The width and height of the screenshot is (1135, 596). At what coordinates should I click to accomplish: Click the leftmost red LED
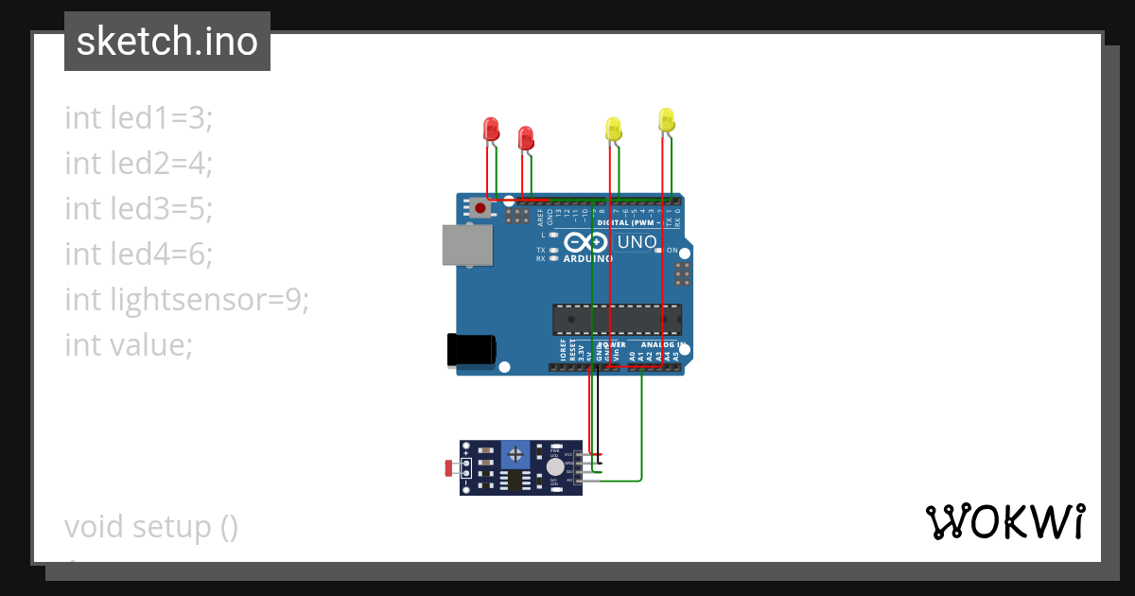(491, 129)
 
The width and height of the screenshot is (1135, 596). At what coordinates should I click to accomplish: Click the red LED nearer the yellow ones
(526, 138)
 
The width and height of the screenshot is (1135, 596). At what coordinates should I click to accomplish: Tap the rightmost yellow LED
(666, 119)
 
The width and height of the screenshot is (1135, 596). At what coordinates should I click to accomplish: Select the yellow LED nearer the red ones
(613, 130)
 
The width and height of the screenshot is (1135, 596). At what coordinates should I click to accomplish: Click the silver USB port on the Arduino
(467, 245)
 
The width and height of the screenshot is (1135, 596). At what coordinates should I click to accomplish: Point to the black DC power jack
(472, 349)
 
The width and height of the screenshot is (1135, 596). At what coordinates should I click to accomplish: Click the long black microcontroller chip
(618, 320)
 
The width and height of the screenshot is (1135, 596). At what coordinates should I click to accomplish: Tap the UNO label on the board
(637, 242)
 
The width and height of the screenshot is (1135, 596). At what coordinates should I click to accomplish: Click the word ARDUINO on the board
(585, 258)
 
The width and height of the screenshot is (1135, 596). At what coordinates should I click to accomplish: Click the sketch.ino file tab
(167, 42)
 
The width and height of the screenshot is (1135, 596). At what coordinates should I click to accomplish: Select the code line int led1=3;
(139, 118)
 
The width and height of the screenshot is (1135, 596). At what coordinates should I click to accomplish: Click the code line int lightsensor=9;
(187, 300)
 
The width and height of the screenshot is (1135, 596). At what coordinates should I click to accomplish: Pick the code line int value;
(129, 345)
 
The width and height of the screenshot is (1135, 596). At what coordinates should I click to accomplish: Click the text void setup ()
(151, 526)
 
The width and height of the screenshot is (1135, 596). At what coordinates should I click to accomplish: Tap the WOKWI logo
(1004, 521)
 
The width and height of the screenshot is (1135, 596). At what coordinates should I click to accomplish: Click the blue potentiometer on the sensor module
(515, 454)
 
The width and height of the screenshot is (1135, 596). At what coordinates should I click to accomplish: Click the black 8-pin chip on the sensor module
(515, 482)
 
